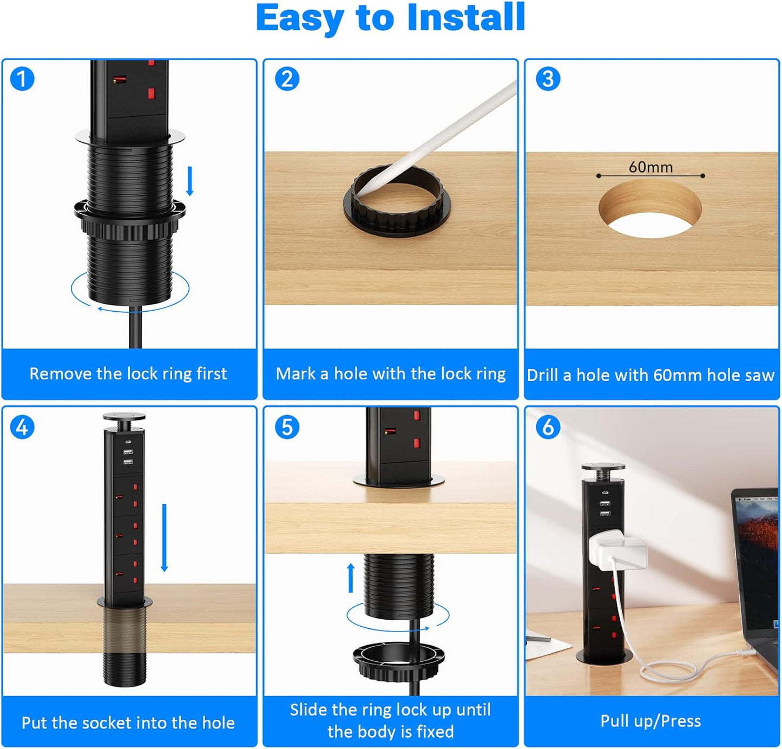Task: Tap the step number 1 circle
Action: [22, 79]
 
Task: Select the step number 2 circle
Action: [287, 79]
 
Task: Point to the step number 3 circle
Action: [548, 79]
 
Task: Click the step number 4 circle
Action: [22, 427]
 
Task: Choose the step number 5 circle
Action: [287, 427]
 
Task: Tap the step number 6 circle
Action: [548, 427]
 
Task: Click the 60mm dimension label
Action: [650, 167]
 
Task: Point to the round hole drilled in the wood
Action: [650, 209]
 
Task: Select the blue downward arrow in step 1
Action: [190, 181]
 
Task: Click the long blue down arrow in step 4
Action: [164, 537]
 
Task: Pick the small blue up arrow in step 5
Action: [351, 578]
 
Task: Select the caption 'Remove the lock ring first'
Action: [128, 374]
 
